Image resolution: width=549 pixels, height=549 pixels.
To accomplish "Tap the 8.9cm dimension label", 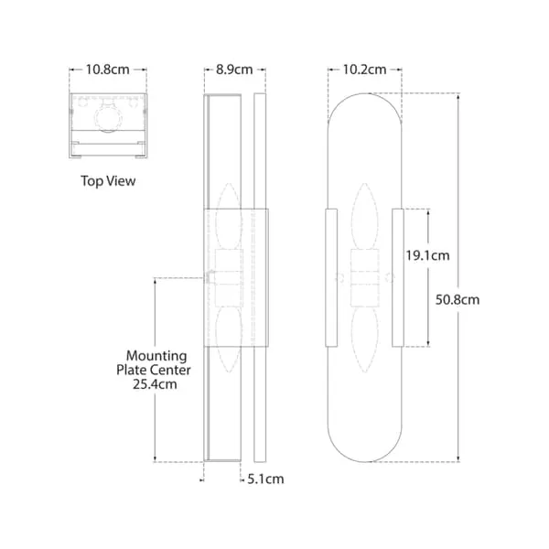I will point(234,70).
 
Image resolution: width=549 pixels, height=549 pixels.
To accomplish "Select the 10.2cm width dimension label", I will point(364,70).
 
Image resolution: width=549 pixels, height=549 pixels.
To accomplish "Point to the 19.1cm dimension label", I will point(426,256).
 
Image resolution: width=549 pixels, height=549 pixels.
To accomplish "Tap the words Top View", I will point(108,181).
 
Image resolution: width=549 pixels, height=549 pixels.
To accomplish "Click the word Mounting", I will point(156,356).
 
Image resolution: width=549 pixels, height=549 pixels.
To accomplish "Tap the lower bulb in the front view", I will point(363,339).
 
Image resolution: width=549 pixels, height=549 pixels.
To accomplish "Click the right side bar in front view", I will point(397,278).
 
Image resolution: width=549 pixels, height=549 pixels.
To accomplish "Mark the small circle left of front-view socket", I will point(339,276).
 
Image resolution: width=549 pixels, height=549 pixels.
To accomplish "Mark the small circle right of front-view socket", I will point(389,276).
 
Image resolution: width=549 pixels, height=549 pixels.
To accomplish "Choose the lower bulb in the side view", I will point(229,339).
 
